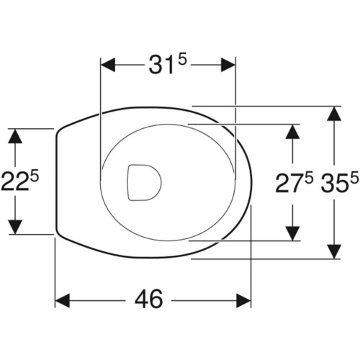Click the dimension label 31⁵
click(x=167, y=64)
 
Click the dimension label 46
click(x=149, y=300)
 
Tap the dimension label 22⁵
click(x=19, y=181)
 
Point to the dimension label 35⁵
click(x=340, y=183)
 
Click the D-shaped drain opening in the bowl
click(x=144, y=182)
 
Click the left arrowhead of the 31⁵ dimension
click(x=108, y=65)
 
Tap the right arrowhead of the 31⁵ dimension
click(x=228, y=65)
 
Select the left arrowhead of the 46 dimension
click(x=63, y=300)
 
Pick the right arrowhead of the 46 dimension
click(x=243, y=300)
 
